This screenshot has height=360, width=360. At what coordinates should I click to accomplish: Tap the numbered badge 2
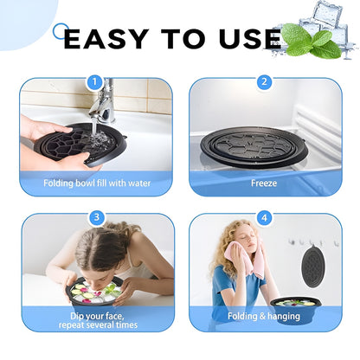pos(264,82)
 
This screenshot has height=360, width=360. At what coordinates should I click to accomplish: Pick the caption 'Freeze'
pos(264,183)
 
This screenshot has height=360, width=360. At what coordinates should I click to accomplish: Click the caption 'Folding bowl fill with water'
pos(96,183)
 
